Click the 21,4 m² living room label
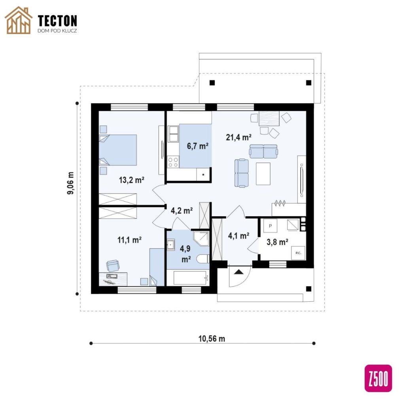tap(238, 137)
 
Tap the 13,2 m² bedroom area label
tap(131, 180)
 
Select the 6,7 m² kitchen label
tap(198, 146)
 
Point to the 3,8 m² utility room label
tap(277, 242)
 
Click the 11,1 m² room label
tap(129, 240)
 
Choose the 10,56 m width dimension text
tap(212, 339)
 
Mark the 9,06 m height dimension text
tap(70, 183)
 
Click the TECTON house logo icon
tap(19, 20)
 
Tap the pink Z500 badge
tap(378, 378)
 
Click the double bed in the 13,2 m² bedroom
tap(118, 150)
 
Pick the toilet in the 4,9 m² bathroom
tap(203, 259)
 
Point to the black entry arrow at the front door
tap(238, 272)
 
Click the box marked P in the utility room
tap(270, 226)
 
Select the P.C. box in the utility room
tap(298, 253)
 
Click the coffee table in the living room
tap(263, 174)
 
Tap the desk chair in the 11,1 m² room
tap(113, 265)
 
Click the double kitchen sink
tap(173, 134)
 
